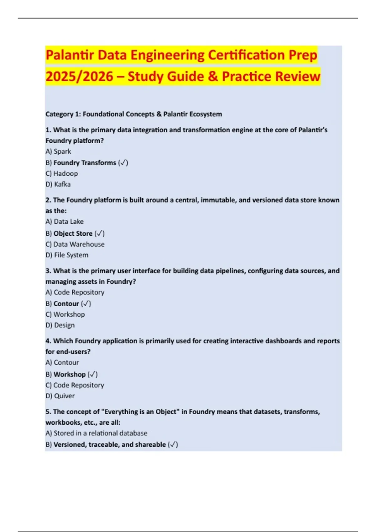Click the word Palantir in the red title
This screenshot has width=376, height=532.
coord(70,55)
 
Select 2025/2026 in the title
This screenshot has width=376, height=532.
coord(79,77)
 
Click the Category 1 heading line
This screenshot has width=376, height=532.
coord(133,114)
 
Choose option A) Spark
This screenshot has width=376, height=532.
coord(58,151)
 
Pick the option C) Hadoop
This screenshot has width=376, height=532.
coord(62,173)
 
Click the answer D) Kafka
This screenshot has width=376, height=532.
coord(58,184)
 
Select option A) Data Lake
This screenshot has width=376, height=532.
coord(65,222)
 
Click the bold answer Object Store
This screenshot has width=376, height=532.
coord(73,233)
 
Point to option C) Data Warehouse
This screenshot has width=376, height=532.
coord(75,244)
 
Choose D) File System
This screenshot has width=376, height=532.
coord(67,255)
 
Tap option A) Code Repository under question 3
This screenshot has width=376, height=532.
coord(75,292)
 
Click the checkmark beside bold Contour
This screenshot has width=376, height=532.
coord(86,304)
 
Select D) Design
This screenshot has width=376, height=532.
coord(60,325)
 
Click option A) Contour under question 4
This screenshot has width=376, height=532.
coord(62,362)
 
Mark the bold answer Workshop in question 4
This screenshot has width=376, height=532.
coord(70,374)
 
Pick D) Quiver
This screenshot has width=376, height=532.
coord(60,396)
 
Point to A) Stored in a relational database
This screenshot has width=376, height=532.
coord(96,433)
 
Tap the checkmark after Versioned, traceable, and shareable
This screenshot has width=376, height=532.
coord(173,444)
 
